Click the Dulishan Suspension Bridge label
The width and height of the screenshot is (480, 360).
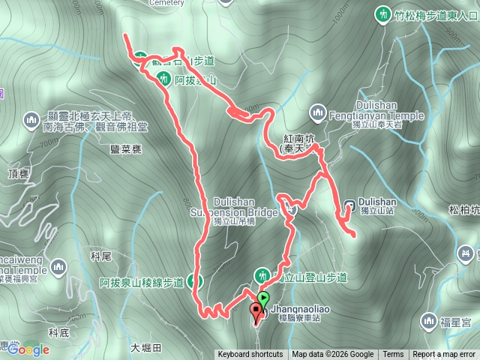(246, 207)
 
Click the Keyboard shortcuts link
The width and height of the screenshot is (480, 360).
(250, 355)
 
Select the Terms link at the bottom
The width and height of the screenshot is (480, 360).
(393, 355)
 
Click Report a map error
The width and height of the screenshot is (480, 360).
(444, 355)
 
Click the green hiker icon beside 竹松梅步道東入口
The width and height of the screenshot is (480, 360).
(382, 13)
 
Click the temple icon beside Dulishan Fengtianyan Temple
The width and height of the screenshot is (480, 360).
(317, 114)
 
